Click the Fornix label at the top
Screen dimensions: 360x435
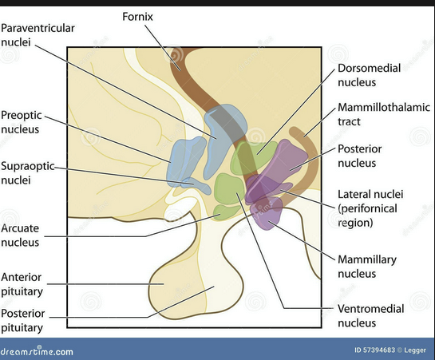click(138, 15)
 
